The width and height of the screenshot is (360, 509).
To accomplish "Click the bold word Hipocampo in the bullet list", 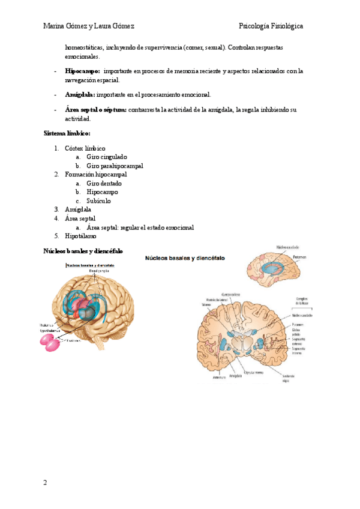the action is pos(83,71).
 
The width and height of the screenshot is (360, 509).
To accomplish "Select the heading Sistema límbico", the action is pos(67,133).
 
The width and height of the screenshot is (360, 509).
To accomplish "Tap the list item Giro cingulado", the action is pos(106,157).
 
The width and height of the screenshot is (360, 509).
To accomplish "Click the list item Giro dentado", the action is pos(104,183).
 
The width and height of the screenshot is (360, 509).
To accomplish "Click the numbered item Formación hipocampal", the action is pos(95,174).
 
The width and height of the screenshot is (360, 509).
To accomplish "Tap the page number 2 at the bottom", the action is pos(45,483).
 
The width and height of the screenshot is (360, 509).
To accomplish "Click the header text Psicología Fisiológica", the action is pos(271,26).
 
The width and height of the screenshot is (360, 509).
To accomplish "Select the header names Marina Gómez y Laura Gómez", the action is pos(89,26).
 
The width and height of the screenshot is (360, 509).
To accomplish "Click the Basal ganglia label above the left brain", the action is pos(99,271).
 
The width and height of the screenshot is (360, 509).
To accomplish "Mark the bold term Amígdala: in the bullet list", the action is pos(80,95).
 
